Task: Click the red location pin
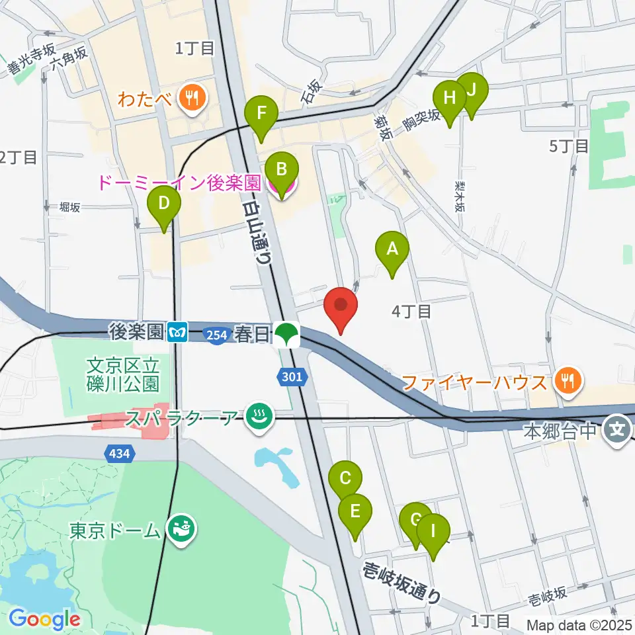tap(341, 306)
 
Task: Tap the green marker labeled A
tap(392, 250)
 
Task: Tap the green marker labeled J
tap(472, 91)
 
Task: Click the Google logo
tap(44, 619)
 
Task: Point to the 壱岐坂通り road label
tap(402, 581)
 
